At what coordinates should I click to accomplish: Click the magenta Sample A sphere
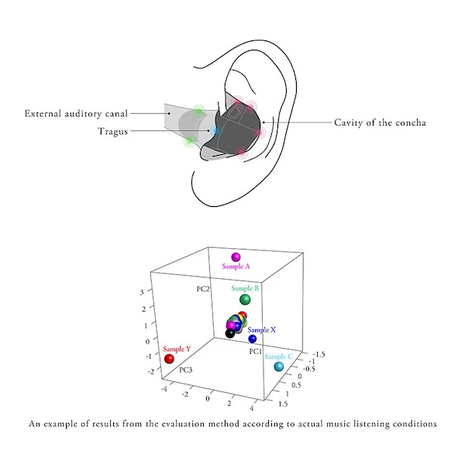coord(236,257)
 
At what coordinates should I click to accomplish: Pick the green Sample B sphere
coord(245,299)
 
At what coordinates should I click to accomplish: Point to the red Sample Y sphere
coord(169,359)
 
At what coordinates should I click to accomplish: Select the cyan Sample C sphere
coord(278,365)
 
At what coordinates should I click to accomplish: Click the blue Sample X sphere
coord(253,339)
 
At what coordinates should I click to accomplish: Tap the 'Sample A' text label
coord(236,267)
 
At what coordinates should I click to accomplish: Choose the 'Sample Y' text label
coord(177,349)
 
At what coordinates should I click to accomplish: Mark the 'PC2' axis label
coord(203,288)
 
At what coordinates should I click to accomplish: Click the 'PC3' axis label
coord(186,370)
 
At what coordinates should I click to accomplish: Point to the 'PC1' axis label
coord(255,351)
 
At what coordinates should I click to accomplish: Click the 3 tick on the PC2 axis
coord(142,292)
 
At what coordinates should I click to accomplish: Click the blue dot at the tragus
coord(216,131)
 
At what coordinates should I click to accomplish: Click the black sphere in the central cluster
coord(229,333)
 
